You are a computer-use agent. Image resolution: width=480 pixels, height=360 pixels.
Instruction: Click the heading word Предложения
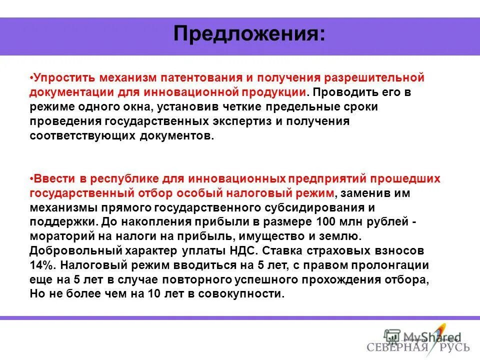coord(248,34)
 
